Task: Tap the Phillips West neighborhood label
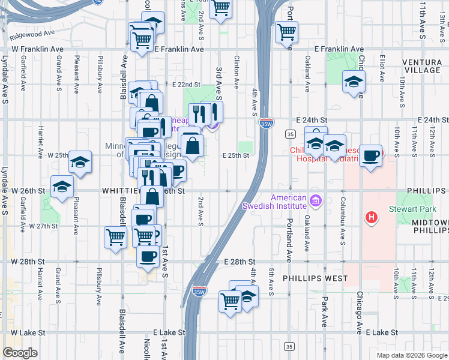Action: tap(316, 278)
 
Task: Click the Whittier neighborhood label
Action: tap(123, 190)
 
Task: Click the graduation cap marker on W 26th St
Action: tap(62, 186)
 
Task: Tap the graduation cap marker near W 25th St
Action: tap(80, 162)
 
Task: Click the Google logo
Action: tap(20, 352)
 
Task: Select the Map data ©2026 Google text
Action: tap(411, 355)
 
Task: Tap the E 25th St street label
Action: tap(235, 155)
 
